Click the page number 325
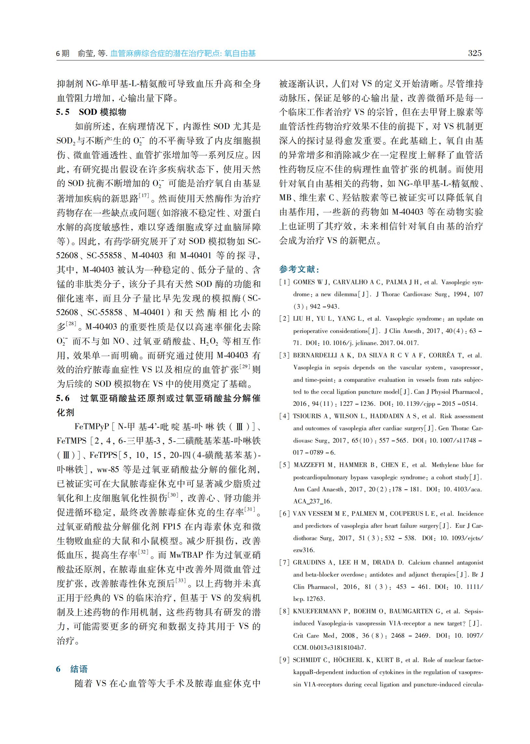pyautogui.click(x=474, y=53)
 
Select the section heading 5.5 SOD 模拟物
pyautogui.click(x=91, y=112)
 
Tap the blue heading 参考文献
pyautogui.click(x=299, y=270)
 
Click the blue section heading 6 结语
pyautogui.click(x=72, y=669)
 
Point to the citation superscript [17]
pyautogui.click(x=144, y=195)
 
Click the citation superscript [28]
pyautogui.click(x=71, y=324)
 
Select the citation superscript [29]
pyautogui.click(x=245, y=366)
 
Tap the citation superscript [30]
pyautogui.click(x=173, y=495)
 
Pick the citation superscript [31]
pyautogui.click(x=250, y=509)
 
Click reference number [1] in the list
pyautogui.click(x=284, y=283)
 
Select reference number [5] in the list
pyautogui.click(x=284, y=465)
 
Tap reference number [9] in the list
pyautogui.click(x=284, y=660)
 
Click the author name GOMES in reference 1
pyautogui.click(x=304, y=283)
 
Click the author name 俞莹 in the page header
pyautogui.click(x=86, y=54)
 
